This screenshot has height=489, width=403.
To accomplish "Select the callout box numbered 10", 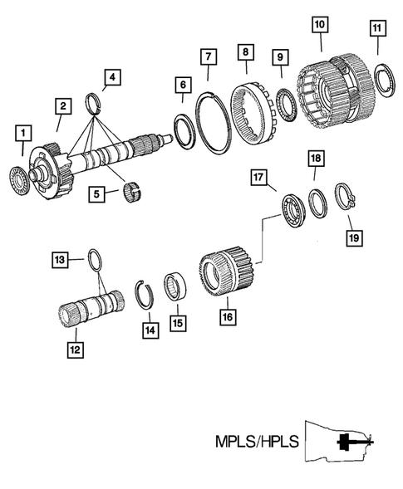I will (x=320, y=24).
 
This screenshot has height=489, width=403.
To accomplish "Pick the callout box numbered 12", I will (x=74, y=350).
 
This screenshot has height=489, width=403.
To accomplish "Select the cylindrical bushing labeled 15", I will (x=174, y=286).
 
